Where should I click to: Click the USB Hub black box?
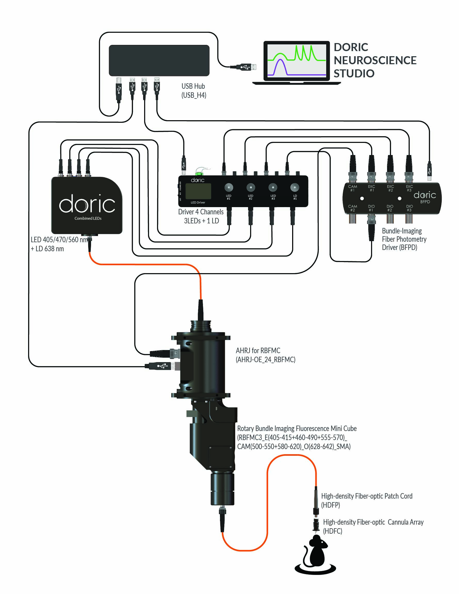coord(159,60)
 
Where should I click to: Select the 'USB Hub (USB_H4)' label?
coord(194,91)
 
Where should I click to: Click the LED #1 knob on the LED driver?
coord(229,188)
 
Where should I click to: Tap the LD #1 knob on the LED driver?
coord(294,188)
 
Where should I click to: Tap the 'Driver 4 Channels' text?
coord(201,212)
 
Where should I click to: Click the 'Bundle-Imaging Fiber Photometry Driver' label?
coord(404,239)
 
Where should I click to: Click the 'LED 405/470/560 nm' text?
coord(59,240)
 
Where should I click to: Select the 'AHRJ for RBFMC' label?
coord(258,351)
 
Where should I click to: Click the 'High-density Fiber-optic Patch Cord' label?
coord(366,496)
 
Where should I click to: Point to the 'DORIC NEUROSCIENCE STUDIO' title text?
coord(375,60)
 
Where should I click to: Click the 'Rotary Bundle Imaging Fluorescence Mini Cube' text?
coord(297,429)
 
